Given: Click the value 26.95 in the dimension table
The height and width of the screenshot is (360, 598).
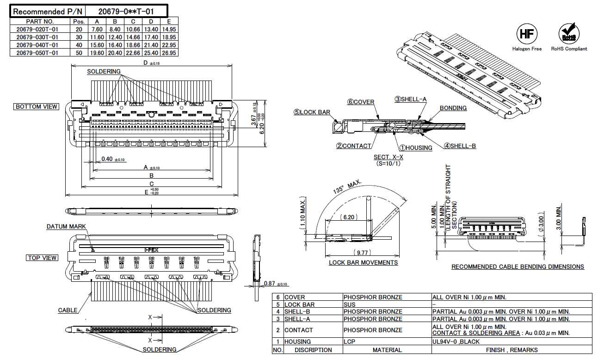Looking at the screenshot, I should coord(169,53).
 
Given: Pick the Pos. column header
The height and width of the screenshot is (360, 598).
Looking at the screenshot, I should coord(77,21).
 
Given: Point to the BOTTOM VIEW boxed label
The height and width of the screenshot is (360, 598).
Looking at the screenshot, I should coord(37,106).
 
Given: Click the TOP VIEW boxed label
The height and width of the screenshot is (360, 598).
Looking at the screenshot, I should coord(42,258).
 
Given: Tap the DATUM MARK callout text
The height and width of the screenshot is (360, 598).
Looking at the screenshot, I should coord(66,227).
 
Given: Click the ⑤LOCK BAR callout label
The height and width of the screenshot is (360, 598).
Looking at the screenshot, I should coord(312,112).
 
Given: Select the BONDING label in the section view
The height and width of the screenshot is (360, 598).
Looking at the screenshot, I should coord(453,108).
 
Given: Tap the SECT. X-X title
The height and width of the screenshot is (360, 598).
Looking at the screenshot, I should coord(388,157).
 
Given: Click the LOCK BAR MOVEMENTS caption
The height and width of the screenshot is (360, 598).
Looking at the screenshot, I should coord(363,263).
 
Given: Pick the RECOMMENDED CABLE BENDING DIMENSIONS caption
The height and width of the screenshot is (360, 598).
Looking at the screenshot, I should coord(517,267).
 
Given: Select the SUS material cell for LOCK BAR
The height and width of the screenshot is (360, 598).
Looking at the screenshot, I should coord(350,304).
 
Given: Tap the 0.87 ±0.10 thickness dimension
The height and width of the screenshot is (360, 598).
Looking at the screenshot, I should coord(275,283).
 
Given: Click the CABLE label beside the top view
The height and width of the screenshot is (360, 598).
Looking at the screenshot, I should coord(68,310).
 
